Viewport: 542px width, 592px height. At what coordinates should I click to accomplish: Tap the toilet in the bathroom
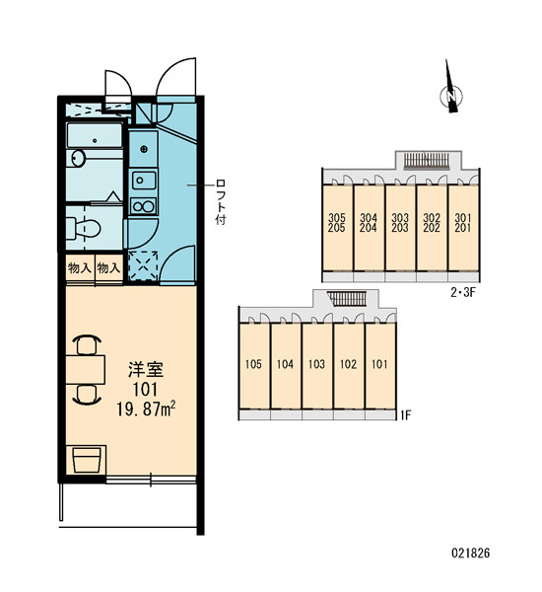coord(84,228)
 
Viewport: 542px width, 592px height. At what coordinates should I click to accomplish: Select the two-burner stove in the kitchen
coord(143,206)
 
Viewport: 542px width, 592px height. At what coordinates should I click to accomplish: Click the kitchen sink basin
coord(143,181)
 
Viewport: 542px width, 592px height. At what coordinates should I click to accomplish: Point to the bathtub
coord(95,135)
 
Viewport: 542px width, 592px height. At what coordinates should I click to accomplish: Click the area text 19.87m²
coord(146,408)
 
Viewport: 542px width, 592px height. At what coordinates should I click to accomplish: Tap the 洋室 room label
coord(146,369)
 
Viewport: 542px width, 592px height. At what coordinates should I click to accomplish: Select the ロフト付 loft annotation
coord(221,202)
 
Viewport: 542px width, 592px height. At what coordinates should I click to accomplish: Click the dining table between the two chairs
coord(85,369)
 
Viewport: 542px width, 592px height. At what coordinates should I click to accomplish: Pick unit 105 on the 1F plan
coord(254,366)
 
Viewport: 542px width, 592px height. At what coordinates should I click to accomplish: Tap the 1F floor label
coord(405,415)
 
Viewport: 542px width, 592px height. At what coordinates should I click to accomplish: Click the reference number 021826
coord(470,554)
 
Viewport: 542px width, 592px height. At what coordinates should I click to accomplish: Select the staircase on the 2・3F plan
coord(427,160)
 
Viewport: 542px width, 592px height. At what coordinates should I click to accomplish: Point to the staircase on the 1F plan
coord(348,299)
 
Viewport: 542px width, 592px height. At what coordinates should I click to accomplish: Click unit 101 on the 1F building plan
coord(380,366)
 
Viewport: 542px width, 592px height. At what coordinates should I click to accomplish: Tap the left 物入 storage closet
coord(80,268)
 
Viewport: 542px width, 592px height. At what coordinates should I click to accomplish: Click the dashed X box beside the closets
coord(143,265)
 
